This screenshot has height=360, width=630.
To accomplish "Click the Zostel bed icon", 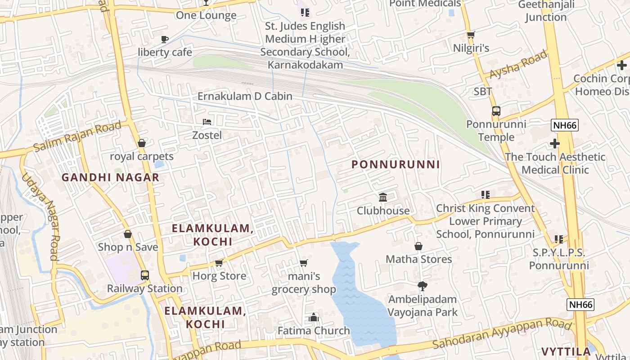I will (207, 122).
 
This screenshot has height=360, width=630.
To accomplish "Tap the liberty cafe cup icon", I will (165, 39).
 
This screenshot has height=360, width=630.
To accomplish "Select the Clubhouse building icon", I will (383, 197).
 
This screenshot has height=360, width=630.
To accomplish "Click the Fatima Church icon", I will (314, 318).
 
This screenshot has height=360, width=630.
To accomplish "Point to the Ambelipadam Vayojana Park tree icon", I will (422, 286).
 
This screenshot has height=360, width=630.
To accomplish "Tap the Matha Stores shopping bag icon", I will (418, 246).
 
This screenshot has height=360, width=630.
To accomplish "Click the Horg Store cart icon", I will (219, 263).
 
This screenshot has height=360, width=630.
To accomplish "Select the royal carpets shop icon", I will (142, 143).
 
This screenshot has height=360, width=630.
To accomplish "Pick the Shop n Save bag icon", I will (128, 234).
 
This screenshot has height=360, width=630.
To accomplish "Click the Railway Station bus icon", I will (144, 275).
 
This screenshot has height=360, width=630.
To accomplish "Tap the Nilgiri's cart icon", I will (471, 35).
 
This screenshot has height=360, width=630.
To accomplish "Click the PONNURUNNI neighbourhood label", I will (396, 165).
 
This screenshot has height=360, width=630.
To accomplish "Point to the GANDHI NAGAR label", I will (111, 177).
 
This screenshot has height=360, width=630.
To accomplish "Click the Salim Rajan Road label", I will (77, 136).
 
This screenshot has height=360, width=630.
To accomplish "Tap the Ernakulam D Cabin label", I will (245, 96).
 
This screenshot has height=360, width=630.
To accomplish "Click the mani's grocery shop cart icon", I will (304, 263).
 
